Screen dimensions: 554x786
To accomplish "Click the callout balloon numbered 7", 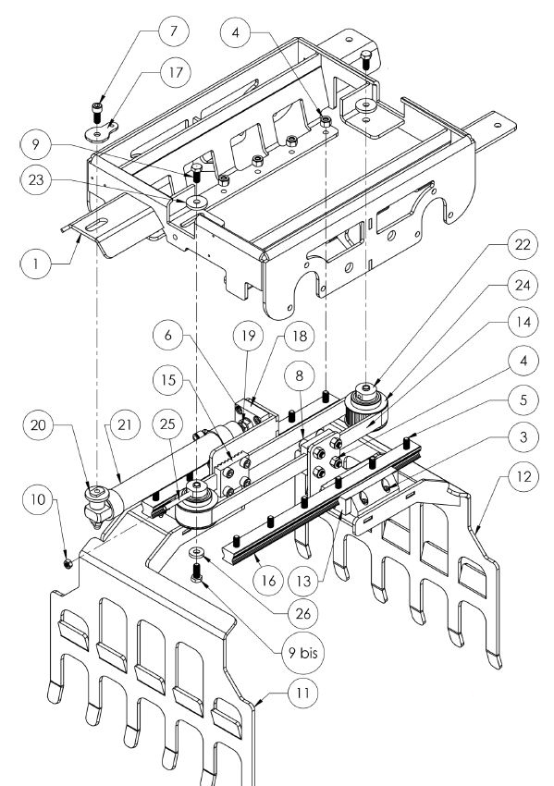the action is click(x=174, y=31).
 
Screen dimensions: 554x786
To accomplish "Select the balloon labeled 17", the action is click(x=176, y=72).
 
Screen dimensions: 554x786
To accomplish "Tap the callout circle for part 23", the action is click(x=36, y=179).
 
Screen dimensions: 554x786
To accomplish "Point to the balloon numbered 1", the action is click(x=35, y=264).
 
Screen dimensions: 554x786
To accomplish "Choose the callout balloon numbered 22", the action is click(x=523, y=245).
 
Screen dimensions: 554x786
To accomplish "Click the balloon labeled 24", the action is click(x=523, y=285).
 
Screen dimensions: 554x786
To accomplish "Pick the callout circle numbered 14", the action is click(x=523, y=322).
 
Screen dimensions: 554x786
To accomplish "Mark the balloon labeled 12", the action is click(x=523, y=476).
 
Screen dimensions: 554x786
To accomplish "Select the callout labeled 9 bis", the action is click(x=302, y=653).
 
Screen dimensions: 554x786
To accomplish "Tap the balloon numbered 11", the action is click(x=302, y=694).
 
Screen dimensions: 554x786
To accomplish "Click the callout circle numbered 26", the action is click(x=303, y=613).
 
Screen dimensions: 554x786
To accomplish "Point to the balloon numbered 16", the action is click(x=269, y=581).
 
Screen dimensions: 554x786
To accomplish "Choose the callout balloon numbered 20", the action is click(x=38, y=424).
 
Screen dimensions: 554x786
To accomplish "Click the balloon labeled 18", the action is click(x=300, y=336).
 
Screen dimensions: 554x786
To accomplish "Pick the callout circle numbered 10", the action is click(x=38, y=499).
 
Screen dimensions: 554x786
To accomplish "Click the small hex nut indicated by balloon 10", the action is click(x=68, y=564).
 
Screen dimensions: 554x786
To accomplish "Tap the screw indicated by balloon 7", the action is click(x=97, y=113).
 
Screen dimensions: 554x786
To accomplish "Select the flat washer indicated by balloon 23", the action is click(x=196, y=203).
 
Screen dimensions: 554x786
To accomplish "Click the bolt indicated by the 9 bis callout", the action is click(x=196, y=572).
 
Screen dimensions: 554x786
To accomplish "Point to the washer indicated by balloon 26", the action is click(x=196, y=552).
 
